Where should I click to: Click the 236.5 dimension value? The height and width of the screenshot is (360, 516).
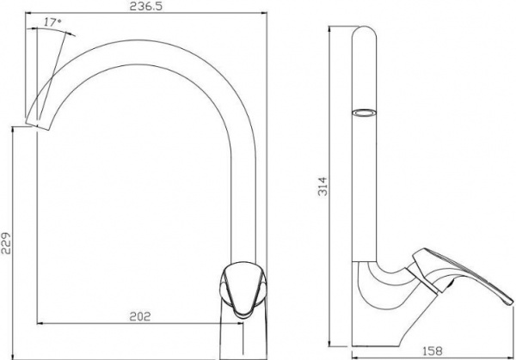[146, 7]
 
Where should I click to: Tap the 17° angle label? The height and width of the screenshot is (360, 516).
[52, 22]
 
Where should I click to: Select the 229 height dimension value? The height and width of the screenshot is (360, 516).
[6, 244]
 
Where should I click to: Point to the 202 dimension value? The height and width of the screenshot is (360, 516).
[140, 316]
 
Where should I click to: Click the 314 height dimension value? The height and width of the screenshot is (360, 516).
[322, 186]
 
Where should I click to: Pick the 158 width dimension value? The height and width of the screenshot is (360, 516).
[432, 351]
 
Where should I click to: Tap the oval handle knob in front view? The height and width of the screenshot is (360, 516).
[243, 289]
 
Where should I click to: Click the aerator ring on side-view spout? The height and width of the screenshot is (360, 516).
[365, 113]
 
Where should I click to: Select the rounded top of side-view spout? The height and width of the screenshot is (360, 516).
[364, 32]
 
